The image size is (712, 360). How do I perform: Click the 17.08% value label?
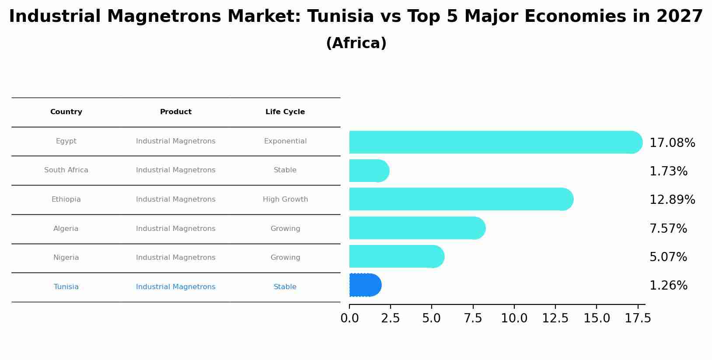coord(672,143)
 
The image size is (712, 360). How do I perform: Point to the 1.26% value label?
coord(668,286)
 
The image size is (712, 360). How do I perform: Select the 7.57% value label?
coord(668,229)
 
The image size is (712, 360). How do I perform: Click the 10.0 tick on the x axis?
coord(514,318)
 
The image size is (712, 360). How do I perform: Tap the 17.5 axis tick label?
coord(638,318)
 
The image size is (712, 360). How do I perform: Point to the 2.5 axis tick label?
coord(391,318)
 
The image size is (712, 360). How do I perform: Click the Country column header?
coord(66,112)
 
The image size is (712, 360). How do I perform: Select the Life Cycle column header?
coord(285,112)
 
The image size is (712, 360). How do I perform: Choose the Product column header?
coord(176,112)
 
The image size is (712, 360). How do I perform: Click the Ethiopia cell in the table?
coord(66,199)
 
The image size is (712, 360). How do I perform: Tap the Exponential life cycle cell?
coord(285,141)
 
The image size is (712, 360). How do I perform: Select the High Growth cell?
coord(285,199)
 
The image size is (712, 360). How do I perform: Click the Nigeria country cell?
coord(66,258)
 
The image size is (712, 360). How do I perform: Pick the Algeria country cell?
coord(66,229)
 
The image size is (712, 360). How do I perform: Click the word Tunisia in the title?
coord(340,17)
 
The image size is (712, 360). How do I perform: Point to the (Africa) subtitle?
coord(356,43)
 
